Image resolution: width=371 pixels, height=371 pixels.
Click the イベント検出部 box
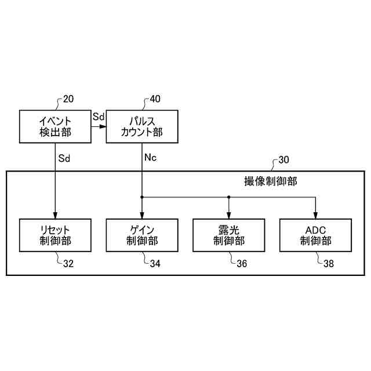(x=55, y=126)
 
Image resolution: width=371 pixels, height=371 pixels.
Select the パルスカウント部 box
(x=142, y=126)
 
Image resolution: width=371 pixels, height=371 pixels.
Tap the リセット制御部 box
(x=55, y=235)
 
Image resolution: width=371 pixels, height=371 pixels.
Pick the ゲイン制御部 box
(x=142, y=235)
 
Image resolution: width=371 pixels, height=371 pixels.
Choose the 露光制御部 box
(x=229, y=235)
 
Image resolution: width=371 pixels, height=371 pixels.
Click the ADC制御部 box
(x=316, y=235)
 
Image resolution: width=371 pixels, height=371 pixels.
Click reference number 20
(x=68, y=99)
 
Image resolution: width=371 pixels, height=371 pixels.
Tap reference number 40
(x=155, y=99)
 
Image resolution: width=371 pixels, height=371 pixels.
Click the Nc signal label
(x=150, y=157)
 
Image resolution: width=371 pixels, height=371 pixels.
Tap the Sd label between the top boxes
(x=98, y=117)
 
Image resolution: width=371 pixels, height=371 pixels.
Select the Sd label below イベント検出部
(x=64, y=157)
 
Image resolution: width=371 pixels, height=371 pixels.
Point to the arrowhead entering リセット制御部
(x=55, y=215)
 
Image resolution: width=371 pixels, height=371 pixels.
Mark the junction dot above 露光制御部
(x=229, y=197)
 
